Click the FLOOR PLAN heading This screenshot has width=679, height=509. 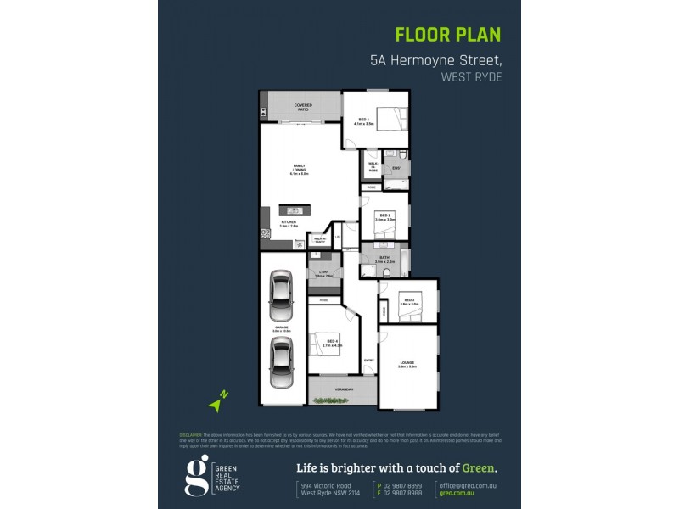pyautogui.click(x=448, y=35)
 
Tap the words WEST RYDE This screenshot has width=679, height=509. pyautogui.click(x=471, y=76)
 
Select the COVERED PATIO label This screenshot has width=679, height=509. pyautogui.click(x=302, y=107)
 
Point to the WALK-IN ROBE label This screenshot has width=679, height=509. pyautogui.click(x=373, y=168)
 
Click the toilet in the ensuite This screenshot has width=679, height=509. pyautogui.click(x=401, y=155)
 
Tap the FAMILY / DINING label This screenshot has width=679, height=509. pyautogui.click(x=300, y=169)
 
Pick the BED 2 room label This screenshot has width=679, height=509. pyautogui.click(x=384, y=217)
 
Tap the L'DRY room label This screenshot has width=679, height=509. pyautogui.click(x=323, y=274)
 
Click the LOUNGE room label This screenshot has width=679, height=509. pyautogui.click(x=407, y=365)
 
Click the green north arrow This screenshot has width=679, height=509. pyautogui.click(x=220, y=402)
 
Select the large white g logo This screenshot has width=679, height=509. pyautogui.click(x=196, y=474)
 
